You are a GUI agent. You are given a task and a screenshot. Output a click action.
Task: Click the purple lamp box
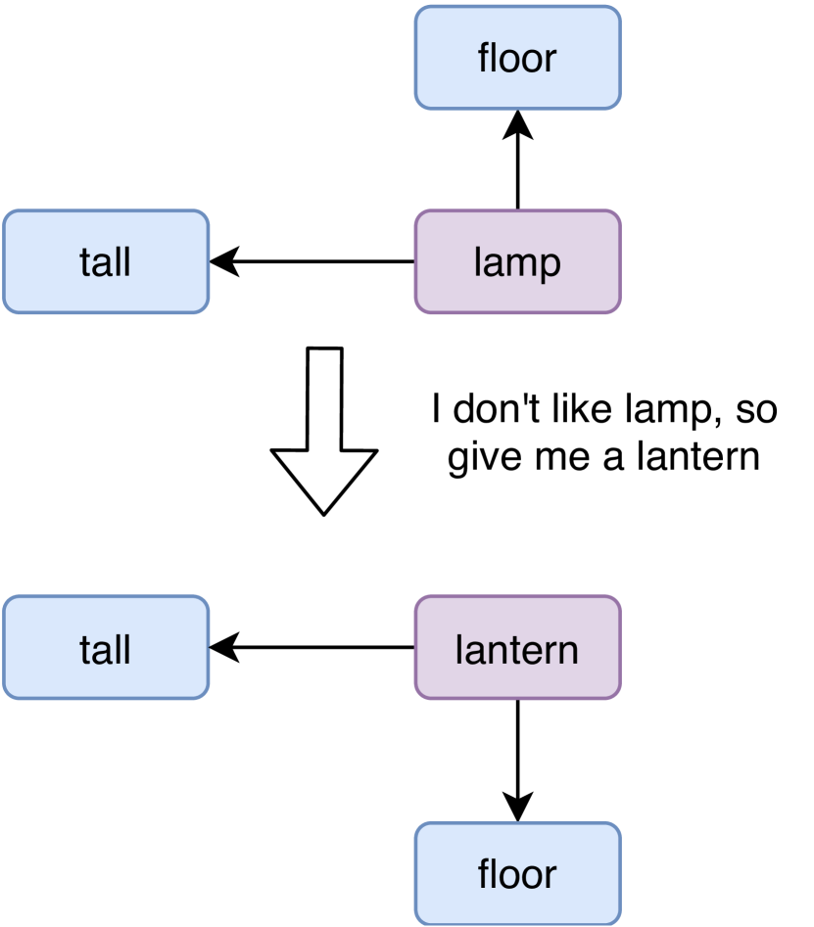coord(517,262)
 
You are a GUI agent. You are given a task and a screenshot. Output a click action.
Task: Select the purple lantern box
coord(517,648)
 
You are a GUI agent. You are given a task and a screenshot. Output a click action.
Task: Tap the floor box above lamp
coord(517,58)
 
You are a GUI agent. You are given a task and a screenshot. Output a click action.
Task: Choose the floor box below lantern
coord(517,873)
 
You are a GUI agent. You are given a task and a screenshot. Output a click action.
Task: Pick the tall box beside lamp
coord(106,262)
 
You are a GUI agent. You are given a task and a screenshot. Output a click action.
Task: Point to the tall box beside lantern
coord(106,648)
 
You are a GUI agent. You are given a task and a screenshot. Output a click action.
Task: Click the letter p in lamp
coord(550,265)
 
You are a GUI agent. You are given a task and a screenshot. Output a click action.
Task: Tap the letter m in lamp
coord(519,263)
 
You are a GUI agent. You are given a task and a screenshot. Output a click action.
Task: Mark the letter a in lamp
coord(493,263)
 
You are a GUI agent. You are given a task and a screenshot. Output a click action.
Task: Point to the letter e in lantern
coord(533,651)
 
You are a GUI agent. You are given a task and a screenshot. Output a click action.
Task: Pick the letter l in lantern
coord(459,649)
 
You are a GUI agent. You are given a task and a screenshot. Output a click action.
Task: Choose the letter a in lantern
coord(474,651)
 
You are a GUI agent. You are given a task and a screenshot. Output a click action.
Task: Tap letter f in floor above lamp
coord(484,57)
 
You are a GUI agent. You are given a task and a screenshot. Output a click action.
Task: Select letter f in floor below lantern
coord(484,873)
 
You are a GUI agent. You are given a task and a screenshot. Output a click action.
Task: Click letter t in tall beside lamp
coord(85,262)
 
